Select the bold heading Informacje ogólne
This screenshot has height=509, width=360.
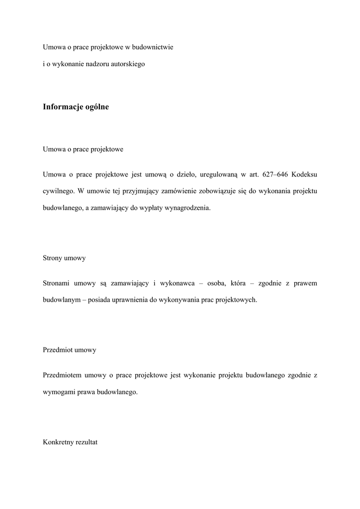pos(76,107)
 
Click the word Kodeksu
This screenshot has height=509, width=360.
pos(305,174)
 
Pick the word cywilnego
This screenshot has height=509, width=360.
pos(59,191)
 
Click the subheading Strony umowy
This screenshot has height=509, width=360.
pos(64,258)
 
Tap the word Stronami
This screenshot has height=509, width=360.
pos(57,283)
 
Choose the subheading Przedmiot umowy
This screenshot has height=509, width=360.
pos(70,350)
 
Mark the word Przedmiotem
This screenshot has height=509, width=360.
pos(62,375)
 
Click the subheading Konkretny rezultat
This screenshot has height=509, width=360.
pos(70,442)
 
